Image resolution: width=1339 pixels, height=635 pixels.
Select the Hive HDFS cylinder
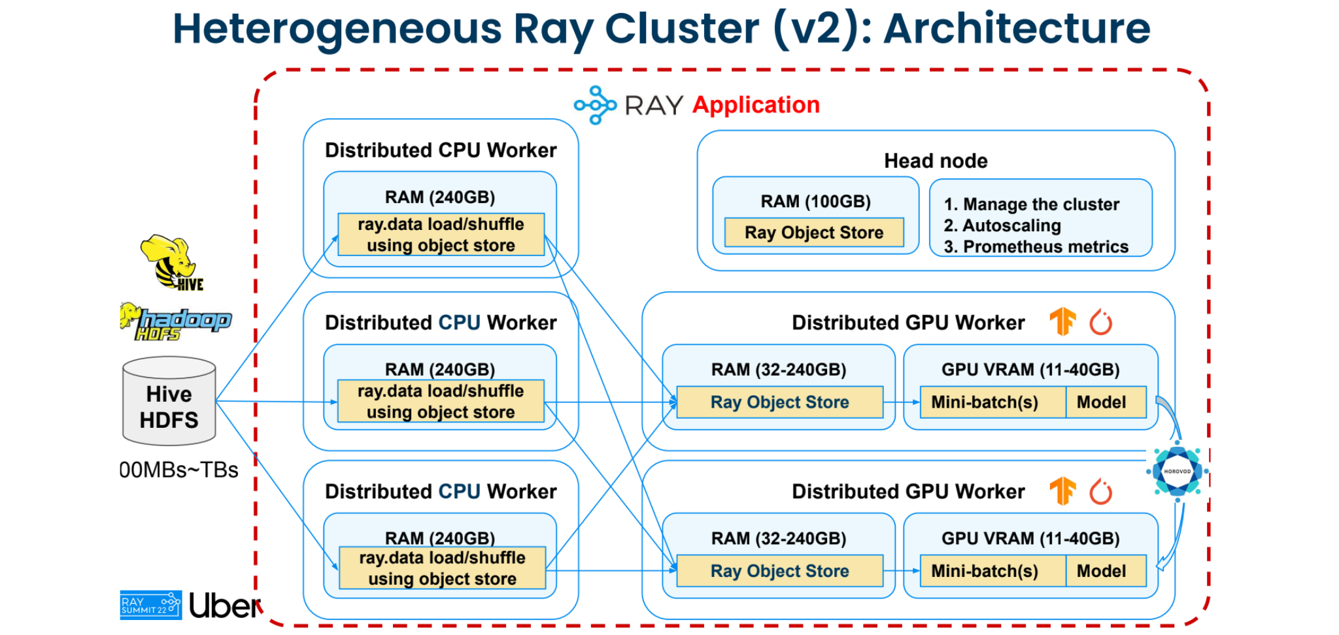point(169,401)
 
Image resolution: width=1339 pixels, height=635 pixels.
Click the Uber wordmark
point(225,606)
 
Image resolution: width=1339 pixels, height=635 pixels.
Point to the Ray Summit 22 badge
point(150,605)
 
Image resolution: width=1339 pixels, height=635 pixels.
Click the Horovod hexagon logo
point(1177,471)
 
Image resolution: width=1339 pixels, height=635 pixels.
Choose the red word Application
point(756,105)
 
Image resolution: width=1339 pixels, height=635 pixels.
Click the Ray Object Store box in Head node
point(814,233)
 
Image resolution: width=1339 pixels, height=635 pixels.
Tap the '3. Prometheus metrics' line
point(1036,246)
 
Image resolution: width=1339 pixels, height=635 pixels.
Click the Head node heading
point(936,161)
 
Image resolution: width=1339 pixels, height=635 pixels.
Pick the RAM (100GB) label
point(815,201)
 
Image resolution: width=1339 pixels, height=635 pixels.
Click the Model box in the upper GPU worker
point(1102,402)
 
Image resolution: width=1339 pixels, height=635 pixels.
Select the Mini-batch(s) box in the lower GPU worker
point(985,571)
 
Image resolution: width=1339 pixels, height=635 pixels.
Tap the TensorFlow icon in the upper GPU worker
point(1063,321)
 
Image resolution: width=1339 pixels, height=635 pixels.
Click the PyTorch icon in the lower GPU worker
point(1101,491)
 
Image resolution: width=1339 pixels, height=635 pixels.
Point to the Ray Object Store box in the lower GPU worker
point(779,571)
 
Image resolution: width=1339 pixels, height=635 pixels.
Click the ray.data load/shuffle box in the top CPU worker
point(441,235)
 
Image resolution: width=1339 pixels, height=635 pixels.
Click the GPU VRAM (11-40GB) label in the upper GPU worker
point(1030,369)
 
